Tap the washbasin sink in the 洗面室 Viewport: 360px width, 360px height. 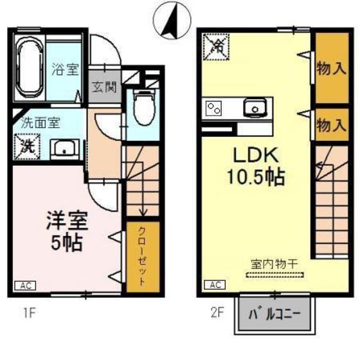(x=65, y=149)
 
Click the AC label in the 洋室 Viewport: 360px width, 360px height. (x=22, y=285)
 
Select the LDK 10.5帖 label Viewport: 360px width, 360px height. (x=255, y=165)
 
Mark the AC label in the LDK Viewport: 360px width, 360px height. (x=213, y=285)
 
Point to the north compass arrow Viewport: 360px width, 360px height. (x=172, y=21)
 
